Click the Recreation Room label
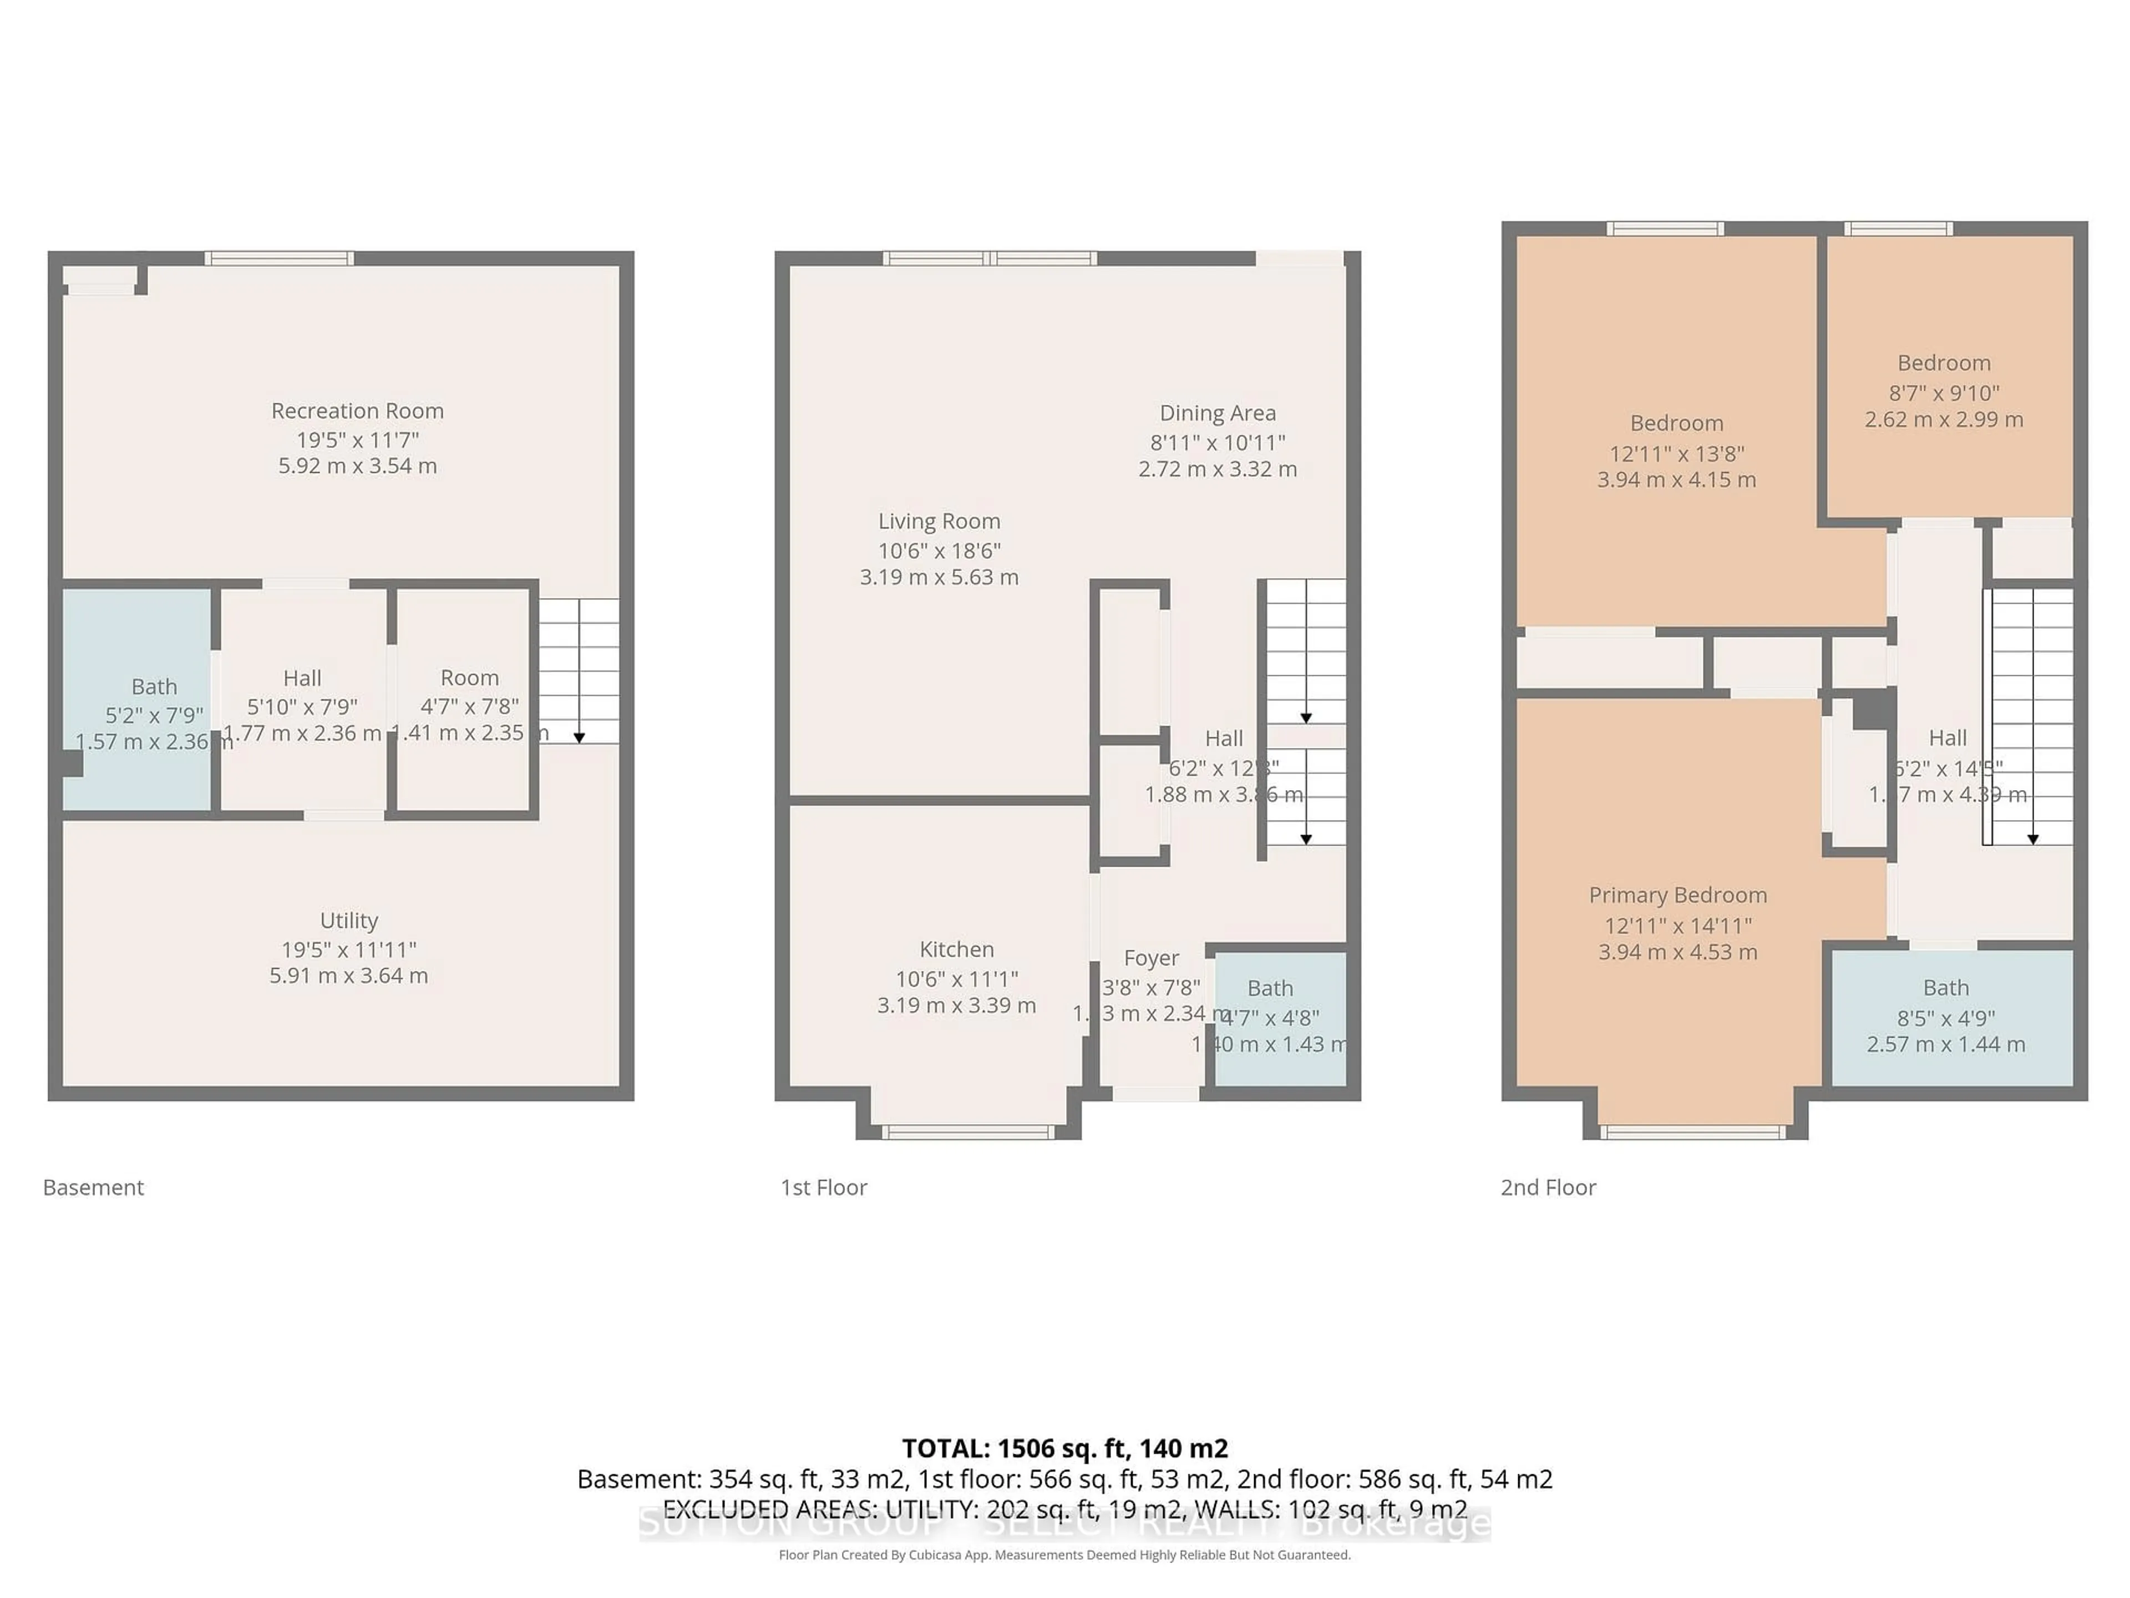tap(357, 411)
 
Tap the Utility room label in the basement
tap(348, 921)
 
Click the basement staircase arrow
tap(579, 737)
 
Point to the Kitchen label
tap(956, 950)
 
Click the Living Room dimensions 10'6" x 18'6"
tap(939, 551)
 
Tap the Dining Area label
tap(1217, 413)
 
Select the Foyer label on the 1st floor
tap(1151, 958)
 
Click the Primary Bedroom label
tap(1677, 896)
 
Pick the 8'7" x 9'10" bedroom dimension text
tap(1943, 393)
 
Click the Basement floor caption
tap(93, 1187)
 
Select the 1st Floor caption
tap(823, 1187)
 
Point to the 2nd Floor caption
tap(1548, 1187)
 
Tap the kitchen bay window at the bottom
tap(968, 1132)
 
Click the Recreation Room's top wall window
tap(278, 258)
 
